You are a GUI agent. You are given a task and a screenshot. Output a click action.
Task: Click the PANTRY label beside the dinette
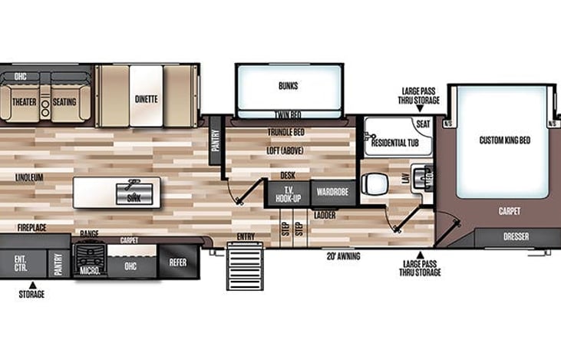[x=216, y=141]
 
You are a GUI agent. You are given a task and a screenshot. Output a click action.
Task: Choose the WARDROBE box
[x=333, y=191]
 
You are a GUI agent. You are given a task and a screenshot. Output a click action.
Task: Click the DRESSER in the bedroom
[x=516, y=237]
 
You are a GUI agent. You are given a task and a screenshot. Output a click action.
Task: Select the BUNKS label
[x=289, y=85]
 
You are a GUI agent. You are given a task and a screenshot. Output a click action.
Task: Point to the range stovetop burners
[x=89, y=250]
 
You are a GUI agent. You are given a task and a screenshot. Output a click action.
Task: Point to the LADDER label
[x=325, y=215]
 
